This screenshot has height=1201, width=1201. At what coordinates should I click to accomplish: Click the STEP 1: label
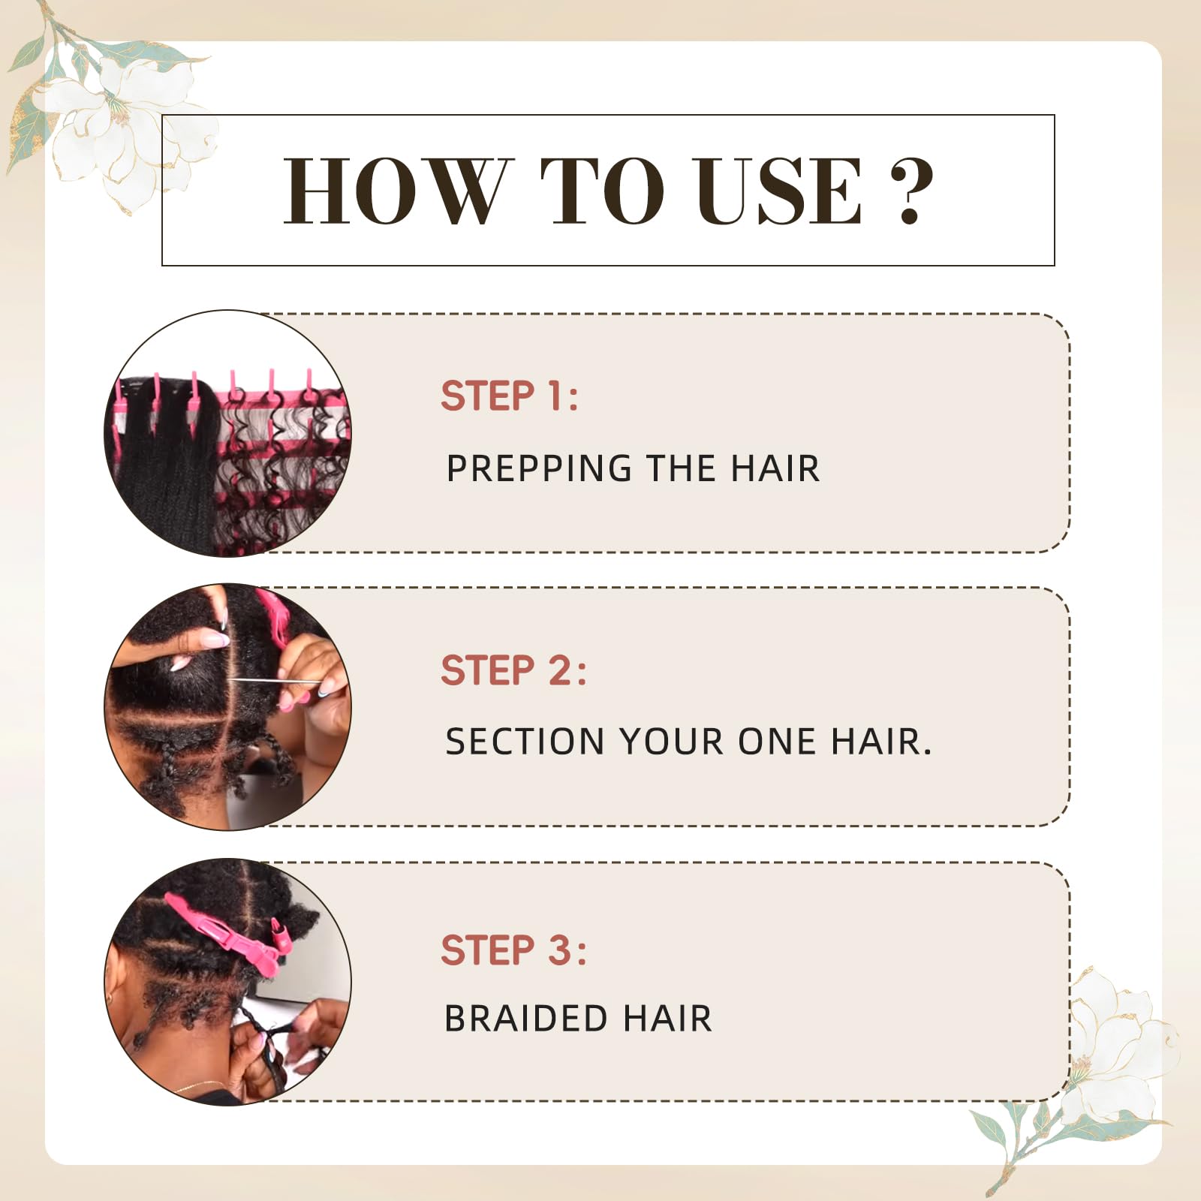pyautogui.click(x=510, y=396)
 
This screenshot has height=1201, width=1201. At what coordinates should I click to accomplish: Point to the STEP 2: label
pyautogui.click(x=513, y=670)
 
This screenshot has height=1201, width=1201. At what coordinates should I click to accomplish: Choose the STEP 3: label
pyautogui.click(x=513, y=950)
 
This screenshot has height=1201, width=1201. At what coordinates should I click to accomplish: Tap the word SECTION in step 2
pyautogui.click(x=525, y=742)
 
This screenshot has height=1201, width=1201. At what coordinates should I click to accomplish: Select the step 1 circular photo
pyautogui.click(x=227, y=433)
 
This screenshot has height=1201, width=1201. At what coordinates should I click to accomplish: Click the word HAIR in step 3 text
pyautogui.click(x=667, y=1019)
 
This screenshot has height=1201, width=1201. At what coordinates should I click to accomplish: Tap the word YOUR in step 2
pyautogui.click(x=672, y=742)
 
